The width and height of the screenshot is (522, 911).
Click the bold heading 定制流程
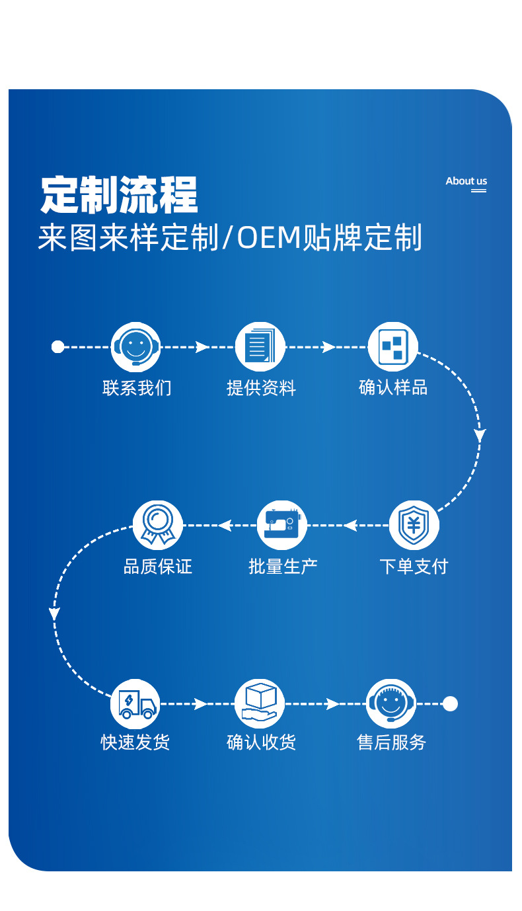pos(119,194)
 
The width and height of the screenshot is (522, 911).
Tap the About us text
pos(466,181)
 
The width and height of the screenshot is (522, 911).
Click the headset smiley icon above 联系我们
pos(136,346)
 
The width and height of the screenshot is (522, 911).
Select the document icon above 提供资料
pos(260,346)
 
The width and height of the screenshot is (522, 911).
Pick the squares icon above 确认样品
pos(392,346)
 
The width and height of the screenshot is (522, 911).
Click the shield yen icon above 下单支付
pos(414,526)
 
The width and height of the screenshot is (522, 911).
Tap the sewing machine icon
pos(282,526)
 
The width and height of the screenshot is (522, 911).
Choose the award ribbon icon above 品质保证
pos(157,526)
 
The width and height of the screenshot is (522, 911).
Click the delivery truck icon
pos(135,704)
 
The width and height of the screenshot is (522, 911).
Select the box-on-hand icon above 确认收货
pos(260,704)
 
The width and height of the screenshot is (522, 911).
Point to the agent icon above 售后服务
pos(391,704)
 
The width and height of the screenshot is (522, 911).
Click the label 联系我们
pos(137,388)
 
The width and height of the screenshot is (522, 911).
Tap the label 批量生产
pos(283,567)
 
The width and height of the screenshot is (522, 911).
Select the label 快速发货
pos(135,742)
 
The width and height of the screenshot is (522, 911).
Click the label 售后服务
pos(392,742)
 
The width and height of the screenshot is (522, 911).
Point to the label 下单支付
pos(414,567)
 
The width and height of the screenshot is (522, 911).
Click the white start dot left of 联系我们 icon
pos(58,346)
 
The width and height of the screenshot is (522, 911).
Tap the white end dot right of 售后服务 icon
pos(450,704)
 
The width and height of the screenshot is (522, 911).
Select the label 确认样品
pos(393,388)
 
